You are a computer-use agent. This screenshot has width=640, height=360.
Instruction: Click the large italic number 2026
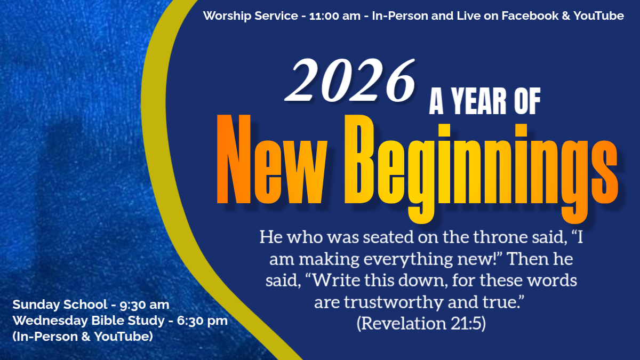[350, 80]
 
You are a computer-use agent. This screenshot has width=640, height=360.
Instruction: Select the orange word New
[271, 159]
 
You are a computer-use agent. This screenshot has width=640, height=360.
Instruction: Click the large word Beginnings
[481, 169]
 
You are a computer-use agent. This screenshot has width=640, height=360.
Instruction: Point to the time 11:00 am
[335, 15]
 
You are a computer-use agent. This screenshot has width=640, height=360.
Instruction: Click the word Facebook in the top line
[530, 15]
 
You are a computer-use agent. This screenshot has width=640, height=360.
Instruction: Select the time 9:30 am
[145, 305]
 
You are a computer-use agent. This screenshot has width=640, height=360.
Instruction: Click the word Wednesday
[51, 321]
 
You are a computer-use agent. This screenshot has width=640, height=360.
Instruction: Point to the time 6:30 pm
[202, 321]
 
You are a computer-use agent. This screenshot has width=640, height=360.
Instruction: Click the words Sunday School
[60, 305]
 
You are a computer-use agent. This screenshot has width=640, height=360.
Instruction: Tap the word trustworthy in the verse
[394, 302]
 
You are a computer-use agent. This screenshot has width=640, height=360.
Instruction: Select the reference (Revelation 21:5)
[421, 323]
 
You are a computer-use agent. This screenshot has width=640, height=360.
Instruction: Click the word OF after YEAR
[527, 101]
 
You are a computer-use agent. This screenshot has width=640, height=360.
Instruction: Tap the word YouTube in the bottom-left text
[123, 337]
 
